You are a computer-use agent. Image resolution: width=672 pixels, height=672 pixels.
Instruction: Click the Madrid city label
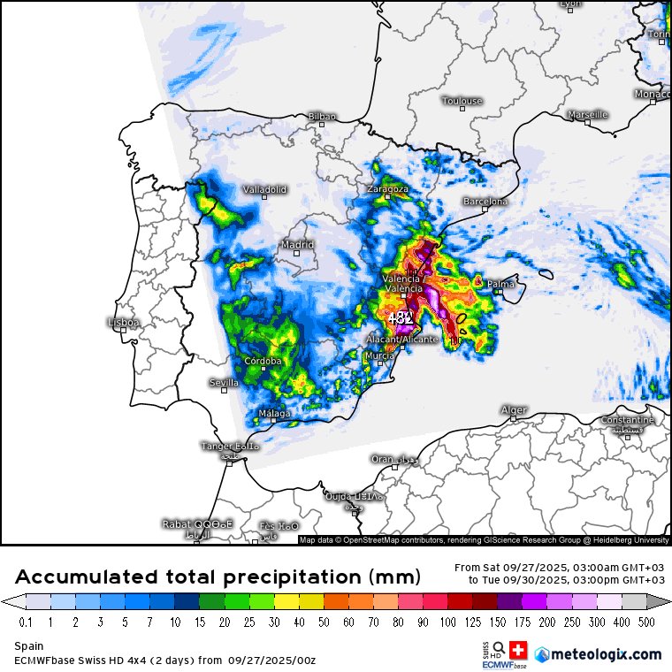tap(297, 245)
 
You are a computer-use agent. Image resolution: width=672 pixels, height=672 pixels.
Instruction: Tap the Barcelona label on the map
tap(485, 202)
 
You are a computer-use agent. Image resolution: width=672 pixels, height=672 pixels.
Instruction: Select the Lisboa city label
tap(123, 323)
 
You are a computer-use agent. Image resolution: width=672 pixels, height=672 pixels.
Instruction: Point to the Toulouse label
tap(462, 101)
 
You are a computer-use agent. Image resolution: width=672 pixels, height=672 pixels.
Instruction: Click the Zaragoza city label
tap(387, 189)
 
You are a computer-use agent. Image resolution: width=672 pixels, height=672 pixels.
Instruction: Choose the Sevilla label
tap(224, 383)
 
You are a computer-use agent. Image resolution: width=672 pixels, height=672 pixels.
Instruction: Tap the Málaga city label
tap(274, 414)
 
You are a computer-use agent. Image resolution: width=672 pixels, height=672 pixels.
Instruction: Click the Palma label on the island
tap(500, 284)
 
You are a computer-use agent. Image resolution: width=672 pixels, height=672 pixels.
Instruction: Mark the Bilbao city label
tap(322, 116)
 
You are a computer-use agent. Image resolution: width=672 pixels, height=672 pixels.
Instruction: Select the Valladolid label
tap(265, 189)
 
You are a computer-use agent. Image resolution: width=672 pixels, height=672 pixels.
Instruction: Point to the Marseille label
tap(588, 114)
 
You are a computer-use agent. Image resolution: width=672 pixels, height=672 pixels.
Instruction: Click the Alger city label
tap(514, 410)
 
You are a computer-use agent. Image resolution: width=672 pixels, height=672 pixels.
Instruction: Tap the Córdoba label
tap(263, 361)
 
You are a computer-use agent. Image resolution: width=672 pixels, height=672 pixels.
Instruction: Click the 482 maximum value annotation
tap(401, 317)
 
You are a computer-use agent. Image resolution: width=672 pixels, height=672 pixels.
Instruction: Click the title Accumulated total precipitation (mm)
tap(218, 577)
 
